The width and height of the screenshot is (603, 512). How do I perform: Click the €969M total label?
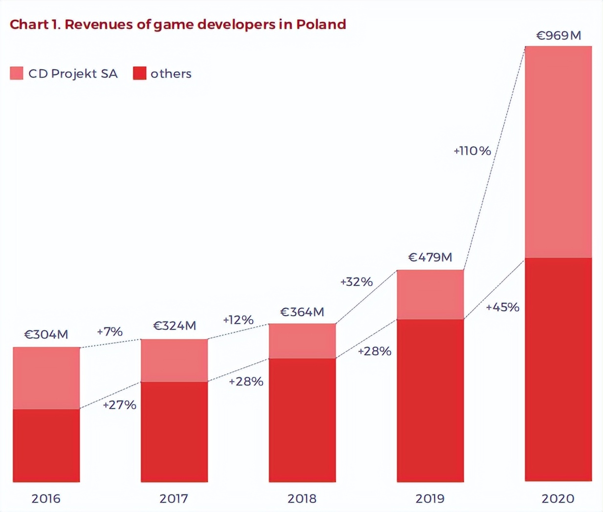tap(559, 36)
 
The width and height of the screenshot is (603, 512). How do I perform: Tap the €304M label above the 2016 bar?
tap(46, 335)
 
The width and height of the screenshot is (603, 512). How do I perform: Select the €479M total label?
tap(430, 257)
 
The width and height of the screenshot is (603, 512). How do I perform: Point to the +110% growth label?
tap(472, 151)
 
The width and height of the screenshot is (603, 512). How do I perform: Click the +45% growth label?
tap(502, 307)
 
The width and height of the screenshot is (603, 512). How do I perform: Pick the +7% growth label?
tap(109, 332)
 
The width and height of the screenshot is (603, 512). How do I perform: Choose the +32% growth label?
tap(356, 282)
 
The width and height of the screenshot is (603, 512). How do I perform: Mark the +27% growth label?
tap(119, 405)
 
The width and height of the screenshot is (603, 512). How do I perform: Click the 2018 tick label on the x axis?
tap(302, 499)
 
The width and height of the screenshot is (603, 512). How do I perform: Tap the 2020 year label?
tap(558, 499)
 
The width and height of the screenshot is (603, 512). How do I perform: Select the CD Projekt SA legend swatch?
tap(17, 73)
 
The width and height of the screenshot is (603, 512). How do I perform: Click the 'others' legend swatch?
tap(140, 73)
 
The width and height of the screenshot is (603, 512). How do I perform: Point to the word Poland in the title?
tap(321, 24)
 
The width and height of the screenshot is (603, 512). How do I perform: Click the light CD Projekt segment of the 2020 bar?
tap(558, 151)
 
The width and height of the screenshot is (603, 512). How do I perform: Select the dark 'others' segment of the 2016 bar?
tap(46, 446)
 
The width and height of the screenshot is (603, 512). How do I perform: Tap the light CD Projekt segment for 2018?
tap(302, 341)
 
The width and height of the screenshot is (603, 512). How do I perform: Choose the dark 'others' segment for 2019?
tap(430, 401)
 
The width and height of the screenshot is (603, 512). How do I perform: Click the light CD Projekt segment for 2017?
tap(174, 361)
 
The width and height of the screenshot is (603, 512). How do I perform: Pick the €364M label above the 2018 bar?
tap(302, 312)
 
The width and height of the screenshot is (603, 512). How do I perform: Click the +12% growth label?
tap(238, 320)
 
